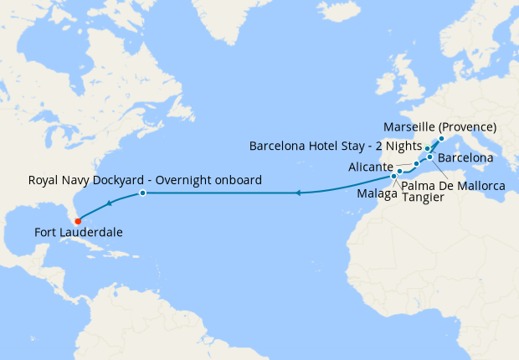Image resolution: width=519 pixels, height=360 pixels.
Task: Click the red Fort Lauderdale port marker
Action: (90, 222)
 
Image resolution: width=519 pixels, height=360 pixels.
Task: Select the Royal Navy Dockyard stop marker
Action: (142, 193)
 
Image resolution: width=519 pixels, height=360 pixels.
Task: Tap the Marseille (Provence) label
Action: (440, 127)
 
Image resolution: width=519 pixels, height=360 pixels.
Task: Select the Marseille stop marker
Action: (442, 138)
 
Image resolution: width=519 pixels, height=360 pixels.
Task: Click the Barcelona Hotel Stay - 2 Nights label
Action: (335, 146)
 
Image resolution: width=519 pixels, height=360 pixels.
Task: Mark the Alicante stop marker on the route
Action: (416, 163)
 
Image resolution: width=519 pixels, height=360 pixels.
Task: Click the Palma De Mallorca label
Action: (453, 185)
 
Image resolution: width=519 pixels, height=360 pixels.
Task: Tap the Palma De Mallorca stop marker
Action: (429, 157)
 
